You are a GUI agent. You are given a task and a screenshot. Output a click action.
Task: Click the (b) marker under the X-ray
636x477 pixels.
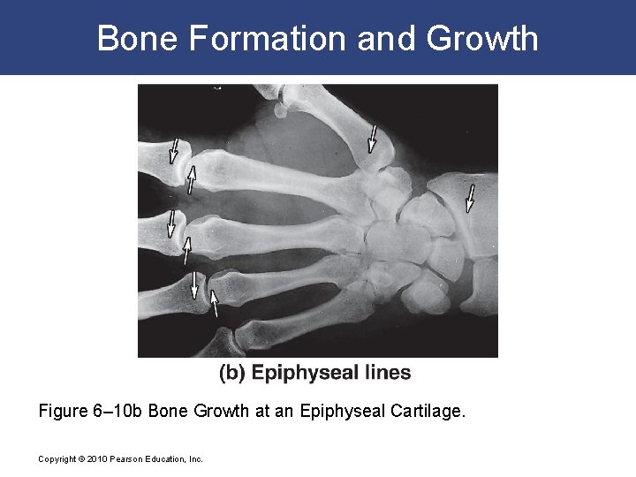point(231,373)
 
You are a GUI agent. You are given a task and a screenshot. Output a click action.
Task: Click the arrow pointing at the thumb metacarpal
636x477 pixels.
point(373,139)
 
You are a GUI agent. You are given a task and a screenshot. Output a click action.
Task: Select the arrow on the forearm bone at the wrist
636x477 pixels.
point(471,198)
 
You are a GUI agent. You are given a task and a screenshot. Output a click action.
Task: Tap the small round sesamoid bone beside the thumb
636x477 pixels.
point(282,110)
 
